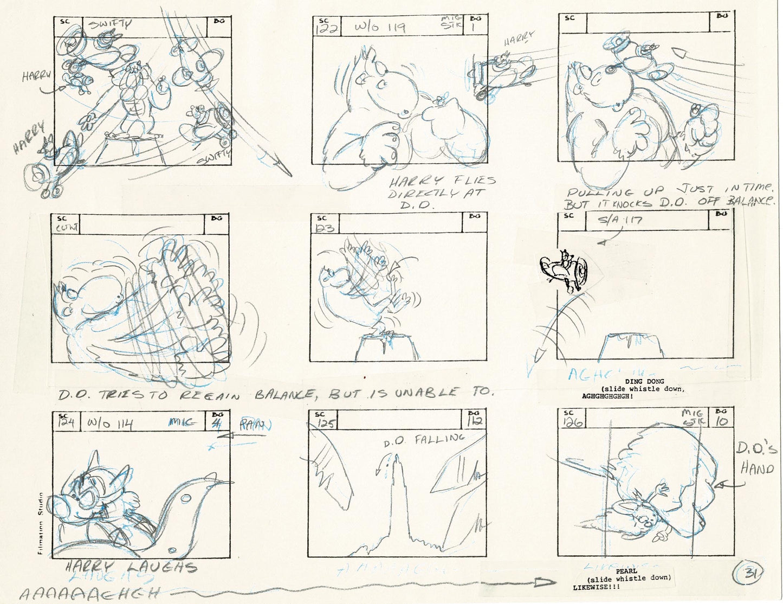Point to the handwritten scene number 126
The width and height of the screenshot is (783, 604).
pyautogui.click(x=572, y=422)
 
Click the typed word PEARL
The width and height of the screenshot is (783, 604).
pyautogui.click(x=626, y=571)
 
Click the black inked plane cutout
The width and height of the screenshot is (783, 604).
pyautogui.click(x=565, y=272)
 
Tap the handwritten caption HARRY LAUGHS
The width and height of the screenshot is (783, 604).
pyautogui.click(x=131, y=568)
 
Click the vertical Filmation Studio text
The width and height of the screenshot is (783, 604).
pyautogui.click(x=41, y=523)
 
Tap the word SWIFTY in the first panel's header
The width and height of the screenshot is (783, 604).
pyautogui.click(x=110, y=24)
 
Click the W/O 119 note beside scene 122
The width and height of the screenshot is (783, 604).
pyautogui.click(x=380, y=27)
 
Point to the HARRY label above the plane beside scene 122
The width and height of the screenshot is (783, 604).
pyautogui.click(x=518, y=39)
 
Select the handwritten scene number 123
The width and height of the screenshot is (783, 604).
pyautogui.click(x=325, y=228)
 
